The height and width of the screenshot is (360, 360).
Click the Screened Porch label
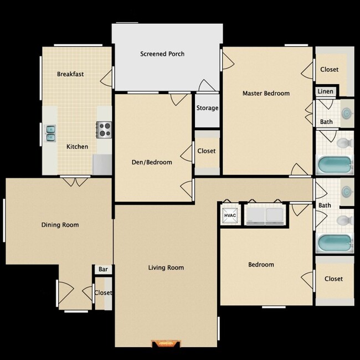coord(162,54)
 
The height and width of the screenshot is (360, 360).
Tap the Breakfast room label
coord(70,74)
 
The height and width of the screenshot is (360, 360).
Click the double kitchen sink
coord(50,132)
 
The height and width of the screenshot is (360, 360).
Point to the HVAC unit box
coord(230,215)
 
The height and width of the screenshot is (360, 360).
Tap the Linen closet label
coord(326,91)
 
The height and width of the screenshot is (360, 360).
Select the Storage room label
coord(207,108)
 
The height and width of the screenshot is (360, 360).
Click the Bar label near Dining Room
coord(103,269)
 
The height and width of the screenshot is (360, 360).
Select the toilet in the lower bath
coord(343,220)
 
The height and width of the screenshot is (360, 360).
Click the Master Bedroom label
coord(266,93)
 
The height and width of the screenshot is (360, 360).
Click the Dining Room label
coord(60,225)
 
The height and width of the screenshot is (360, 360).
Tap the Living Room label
coord(166,268)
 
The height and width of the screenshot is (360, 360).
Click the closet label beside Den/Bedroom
coord(207,151)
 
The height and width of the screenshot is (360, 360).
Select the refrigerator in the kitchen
coord(102,163)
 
